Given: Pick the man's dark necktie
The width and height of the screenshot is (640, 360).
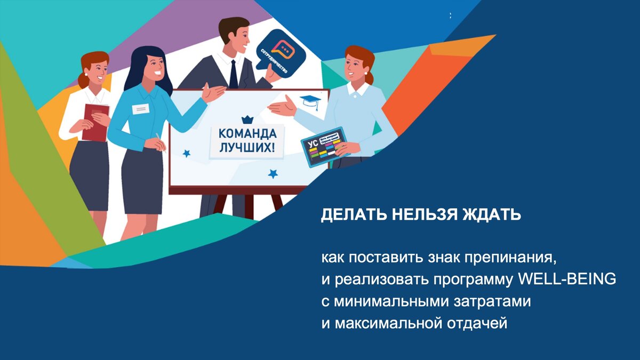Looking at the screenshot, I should (x=234, y=75).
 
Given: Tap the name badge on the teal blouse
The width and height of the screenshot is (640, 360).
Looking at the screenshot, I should (x=140, y=109).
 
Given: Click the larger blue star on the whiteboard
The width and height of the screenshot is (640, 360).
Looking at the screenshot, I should (x=273, y=173).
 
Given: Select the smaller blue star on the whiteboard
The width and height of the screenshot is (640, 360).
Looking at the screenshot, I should (x=187, y=154).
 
